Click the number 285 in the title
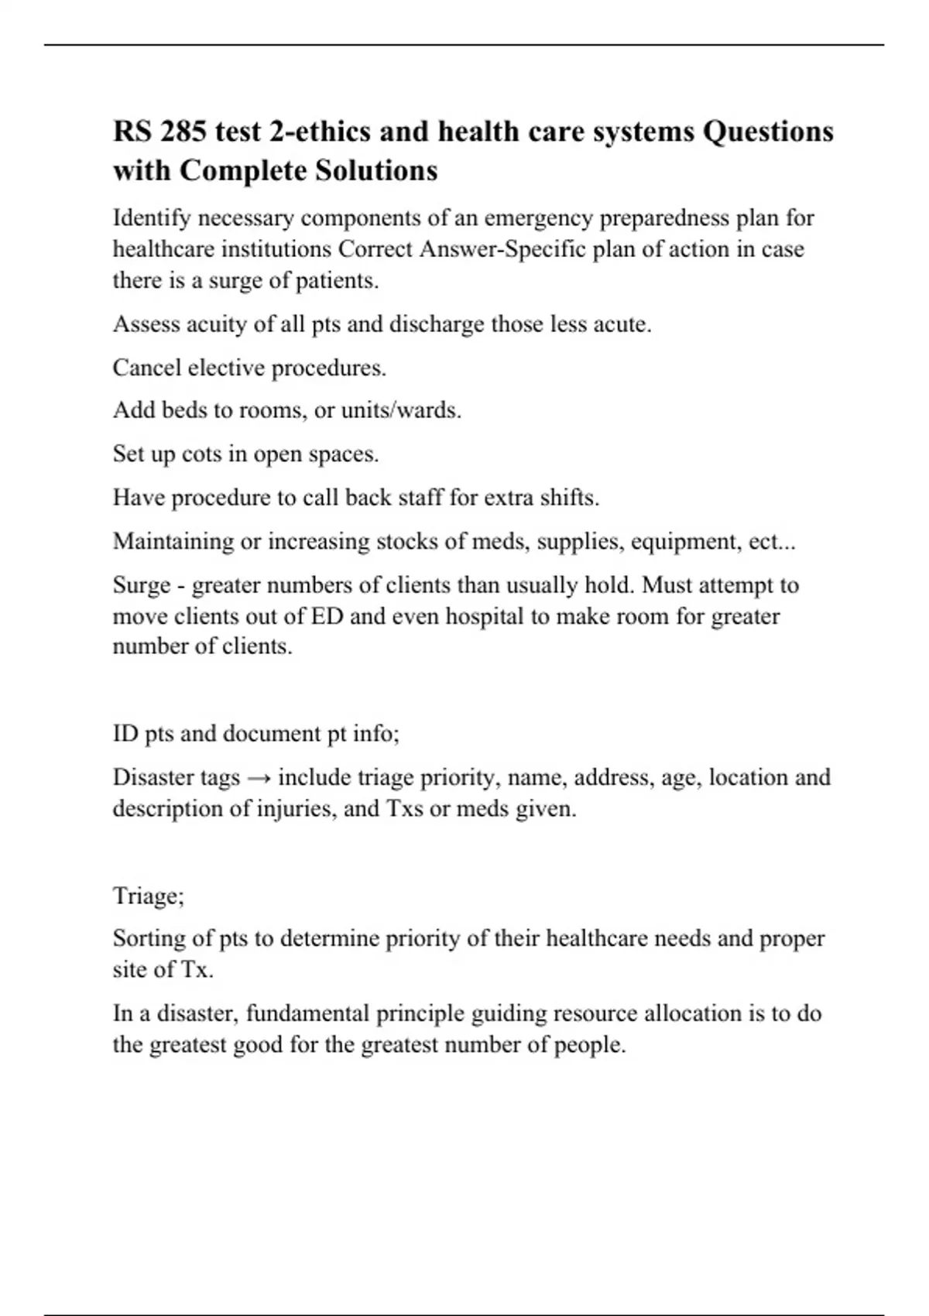183,132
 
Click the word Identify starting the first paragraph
152,218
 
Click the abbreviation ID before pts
125,733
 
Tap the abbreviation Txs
403,809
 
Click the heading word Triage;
149,896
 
